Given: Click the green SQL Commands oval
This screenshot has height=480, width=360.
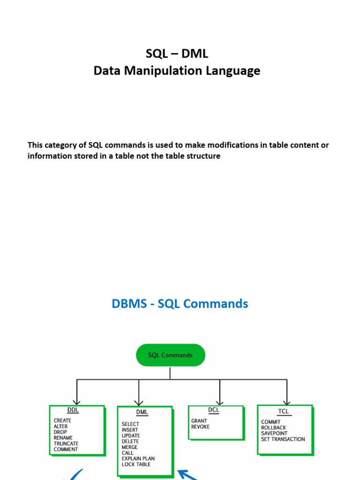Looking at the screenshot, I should (170, 355).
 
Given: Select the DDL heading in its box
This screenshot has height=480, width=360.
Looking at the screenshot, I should (73, 410).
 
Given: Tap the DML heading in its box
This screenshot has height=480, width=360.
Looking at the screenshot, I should (142, 412).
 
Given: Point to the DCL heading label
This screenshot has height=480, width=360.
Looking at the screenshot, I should (213, 410).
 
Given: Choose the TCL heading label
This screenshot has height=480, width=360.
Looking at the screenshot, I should (284, 411).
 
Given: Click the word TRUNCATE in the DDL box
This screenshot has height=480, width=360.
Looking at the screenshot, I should (66, 443).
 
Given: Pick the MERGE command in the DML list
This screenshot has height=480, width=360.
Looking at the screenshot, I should (130, 447).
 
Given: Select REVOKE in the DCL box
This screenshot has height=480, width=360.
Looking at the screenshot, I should (200, 427).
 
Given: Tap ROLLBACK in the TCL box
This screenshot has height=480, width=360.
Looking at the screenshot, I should (274, 427).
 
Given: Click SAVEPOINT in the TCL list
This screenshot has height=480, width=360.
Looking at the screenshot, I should (274, 434).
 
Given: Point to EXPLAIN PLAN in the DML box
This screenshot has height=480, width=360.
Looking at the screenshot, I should (138, 458).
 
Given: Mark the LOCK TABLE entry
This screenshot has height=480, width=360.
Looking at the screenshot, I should (136, 465).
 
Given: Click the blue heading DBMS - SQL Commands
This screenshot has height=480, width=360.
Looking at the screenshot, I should (180, 304).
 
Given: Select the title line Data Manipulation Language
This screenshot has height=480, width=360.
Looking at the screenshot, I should (177, 71).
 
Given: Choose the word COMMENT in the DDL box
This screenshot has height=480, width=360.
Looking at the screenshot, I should (66, 450).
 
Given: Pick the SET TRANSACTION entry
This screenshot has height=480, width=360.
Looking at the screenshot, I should (283, 439).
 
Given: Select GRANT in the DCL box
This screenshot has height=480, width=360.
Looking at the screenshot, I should (199, 421).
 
